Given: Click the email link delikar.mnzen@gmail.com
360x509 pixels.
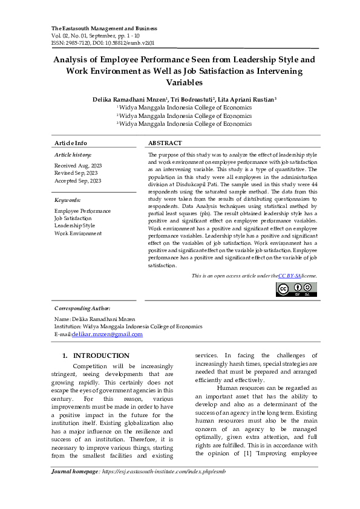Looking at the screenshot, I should click(x=107, y=334).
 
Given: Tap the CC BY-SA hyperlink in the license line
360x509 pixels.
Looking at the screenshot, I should click(x=290, y=276).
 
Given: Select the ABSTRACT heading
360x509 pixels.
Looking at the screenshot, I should click(x=165, y=143).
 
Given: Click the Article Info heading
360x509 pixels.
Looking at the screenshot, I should click(x=71, y=143).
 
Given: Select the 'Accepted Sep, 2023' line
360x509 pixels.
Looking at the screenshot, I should click(x=77, y=181).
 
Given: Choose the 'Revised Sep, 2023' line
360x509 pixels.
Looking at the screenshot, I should click(x=76, y=173).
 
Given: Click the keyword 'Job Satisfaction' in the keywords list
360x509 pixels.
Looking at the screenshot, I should click(x=73, y=218).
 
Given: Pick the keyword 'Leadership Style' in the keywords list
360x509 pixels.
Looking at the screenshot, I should click(x=74, y=225).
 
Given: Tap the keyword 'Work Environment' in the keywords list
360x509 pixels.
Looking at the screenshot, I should click(x=78, y=233).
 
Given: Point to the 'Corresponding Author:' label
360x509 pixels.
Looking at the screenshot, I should click(x=82, y=308).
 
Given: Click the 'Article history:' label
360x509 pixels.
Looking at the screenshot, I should click(x=73, y=155).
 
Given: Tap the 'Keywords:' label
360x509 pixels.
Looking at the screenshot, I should click(x=67, y=200).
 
